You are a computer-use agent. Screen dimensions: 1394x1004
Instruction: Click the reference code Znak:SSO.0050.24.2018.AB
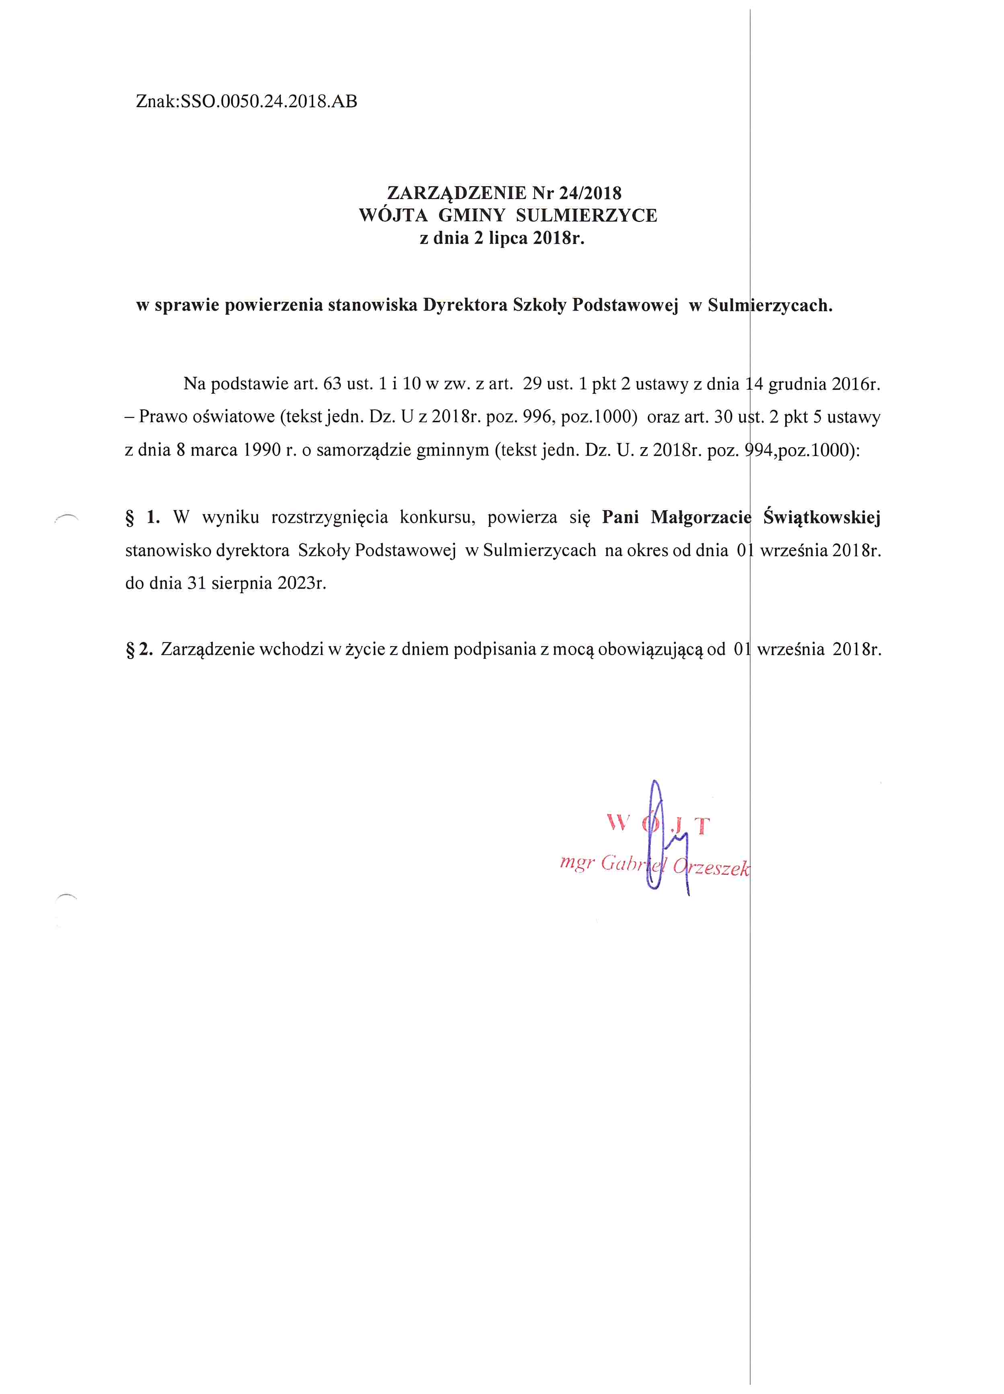[246, 101]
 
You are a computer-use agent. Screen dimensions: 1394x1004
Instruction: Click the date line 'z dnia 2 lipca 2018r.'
[502, 238]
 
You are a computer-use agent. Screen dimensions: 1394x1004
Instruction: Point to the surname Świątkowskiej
[821, 517]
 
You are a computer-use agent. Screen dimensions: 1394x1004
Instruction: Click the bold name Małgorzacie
[700, 517]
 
